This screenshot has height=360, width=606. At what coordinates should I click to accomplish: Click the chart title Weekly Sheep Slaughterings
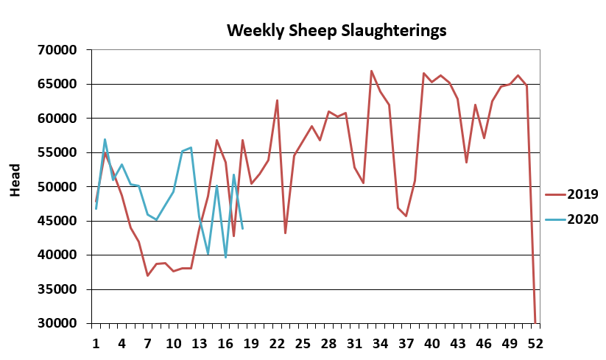337,30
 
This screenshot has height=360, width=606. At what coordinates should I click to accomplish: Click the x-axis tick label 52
535,343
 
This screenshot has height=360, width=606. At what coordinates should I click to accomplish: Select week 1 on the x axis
96,343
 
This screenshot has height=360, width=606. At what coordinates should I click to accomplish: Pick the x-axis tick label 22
277,343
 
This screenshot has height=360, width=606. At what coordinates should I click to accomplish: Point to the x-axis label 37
406,343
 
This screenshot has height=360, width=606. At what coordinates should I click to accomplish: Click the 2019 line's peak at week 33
372,71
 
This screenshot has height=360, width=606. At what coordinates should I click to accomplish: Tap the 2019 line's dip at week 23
286,233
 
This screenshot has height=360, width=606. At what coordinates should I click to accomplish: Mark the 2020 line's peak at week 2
105,139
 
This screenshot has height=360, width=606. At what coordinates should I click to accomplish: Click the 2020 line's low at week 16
225,257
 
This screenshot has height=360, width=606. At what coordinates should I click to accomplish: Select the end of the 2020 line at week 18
242,228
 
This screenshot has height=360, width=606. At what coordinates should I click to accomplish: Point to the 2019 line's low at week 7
147,275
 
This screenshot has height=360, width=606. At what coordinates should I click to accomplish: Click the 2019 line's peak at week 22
277,100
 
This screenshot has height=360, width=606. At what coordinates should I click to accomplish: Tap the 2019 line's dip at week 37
406,216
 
